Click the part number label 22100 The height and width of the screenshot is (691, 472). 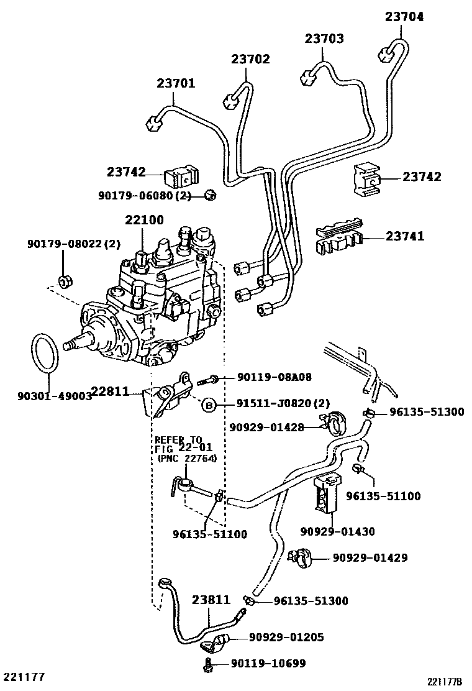click(144, 220)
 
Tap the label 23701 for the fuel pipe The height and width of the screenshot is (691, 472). click(176, 83)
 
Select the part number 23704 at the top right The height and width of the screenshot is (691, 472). click(404, 17)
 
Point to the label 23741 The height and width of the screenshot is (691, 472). click(405, 236)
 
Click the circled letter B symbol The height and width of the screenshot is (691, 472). click(209, 405)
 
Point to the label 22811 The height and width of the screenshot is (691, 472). click(111, 391)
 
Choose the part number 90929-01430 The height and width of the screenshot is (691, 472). click(337, 531)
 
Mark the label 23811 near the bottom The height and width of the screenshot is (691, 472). click(211, 600)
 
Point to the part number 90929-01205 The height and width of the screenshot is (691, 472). click(286, 638)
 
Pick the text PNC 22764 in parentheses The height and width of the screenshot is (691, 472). click(183, 459)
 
